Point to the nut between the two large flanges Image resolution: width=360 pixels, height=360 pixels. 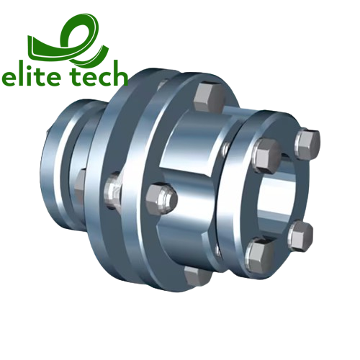coord(112,189)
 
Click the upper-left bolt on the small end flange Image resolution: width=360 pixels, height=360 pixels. coord(268,153)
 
